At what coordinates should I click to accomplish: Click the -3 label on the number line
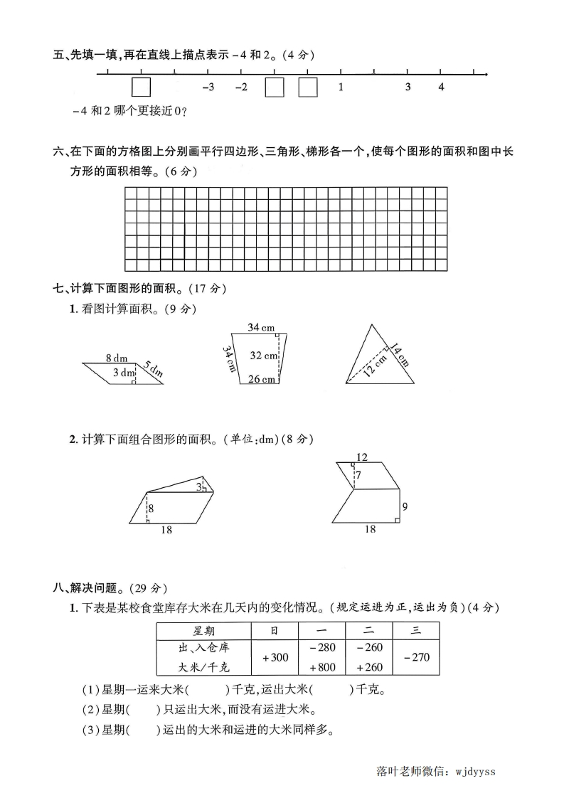208,87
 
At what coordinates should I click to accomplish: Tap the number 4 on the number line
441,87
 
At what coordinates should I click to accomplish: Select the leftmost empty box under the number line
141,87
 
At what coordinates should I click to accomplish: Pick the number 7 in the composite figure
359,474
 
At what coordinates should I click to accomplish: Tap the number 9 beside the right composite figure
405,507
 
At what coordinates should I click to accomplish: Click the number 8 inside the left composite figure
151,508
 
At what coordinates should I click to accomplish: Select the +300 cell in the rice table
275,657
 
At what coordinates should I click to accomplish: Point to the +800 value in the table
321,667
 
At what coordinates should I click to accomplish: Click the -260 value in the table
368,647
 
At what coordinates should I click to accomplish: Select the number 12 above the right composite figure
361,457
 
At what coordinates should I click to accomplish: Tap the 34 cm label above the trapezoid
261,327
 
